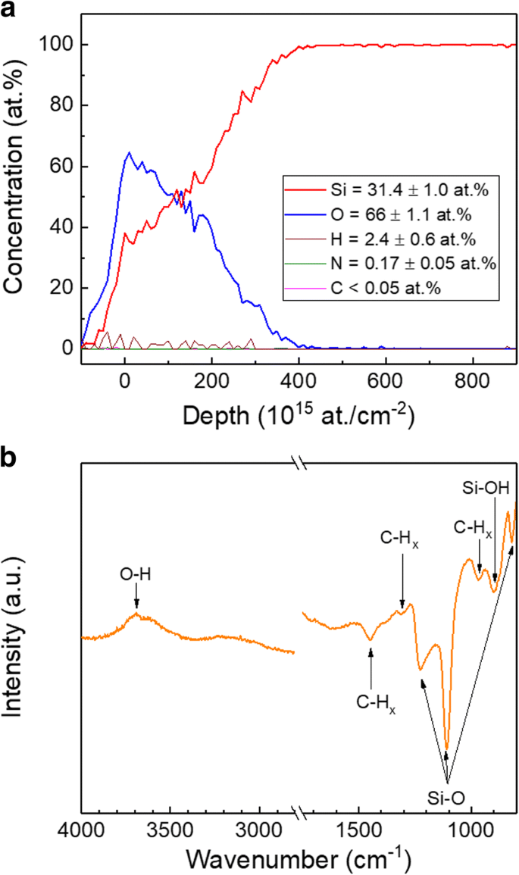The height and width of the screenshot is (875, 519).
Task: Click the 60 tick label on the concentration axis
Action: point(64,167)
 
